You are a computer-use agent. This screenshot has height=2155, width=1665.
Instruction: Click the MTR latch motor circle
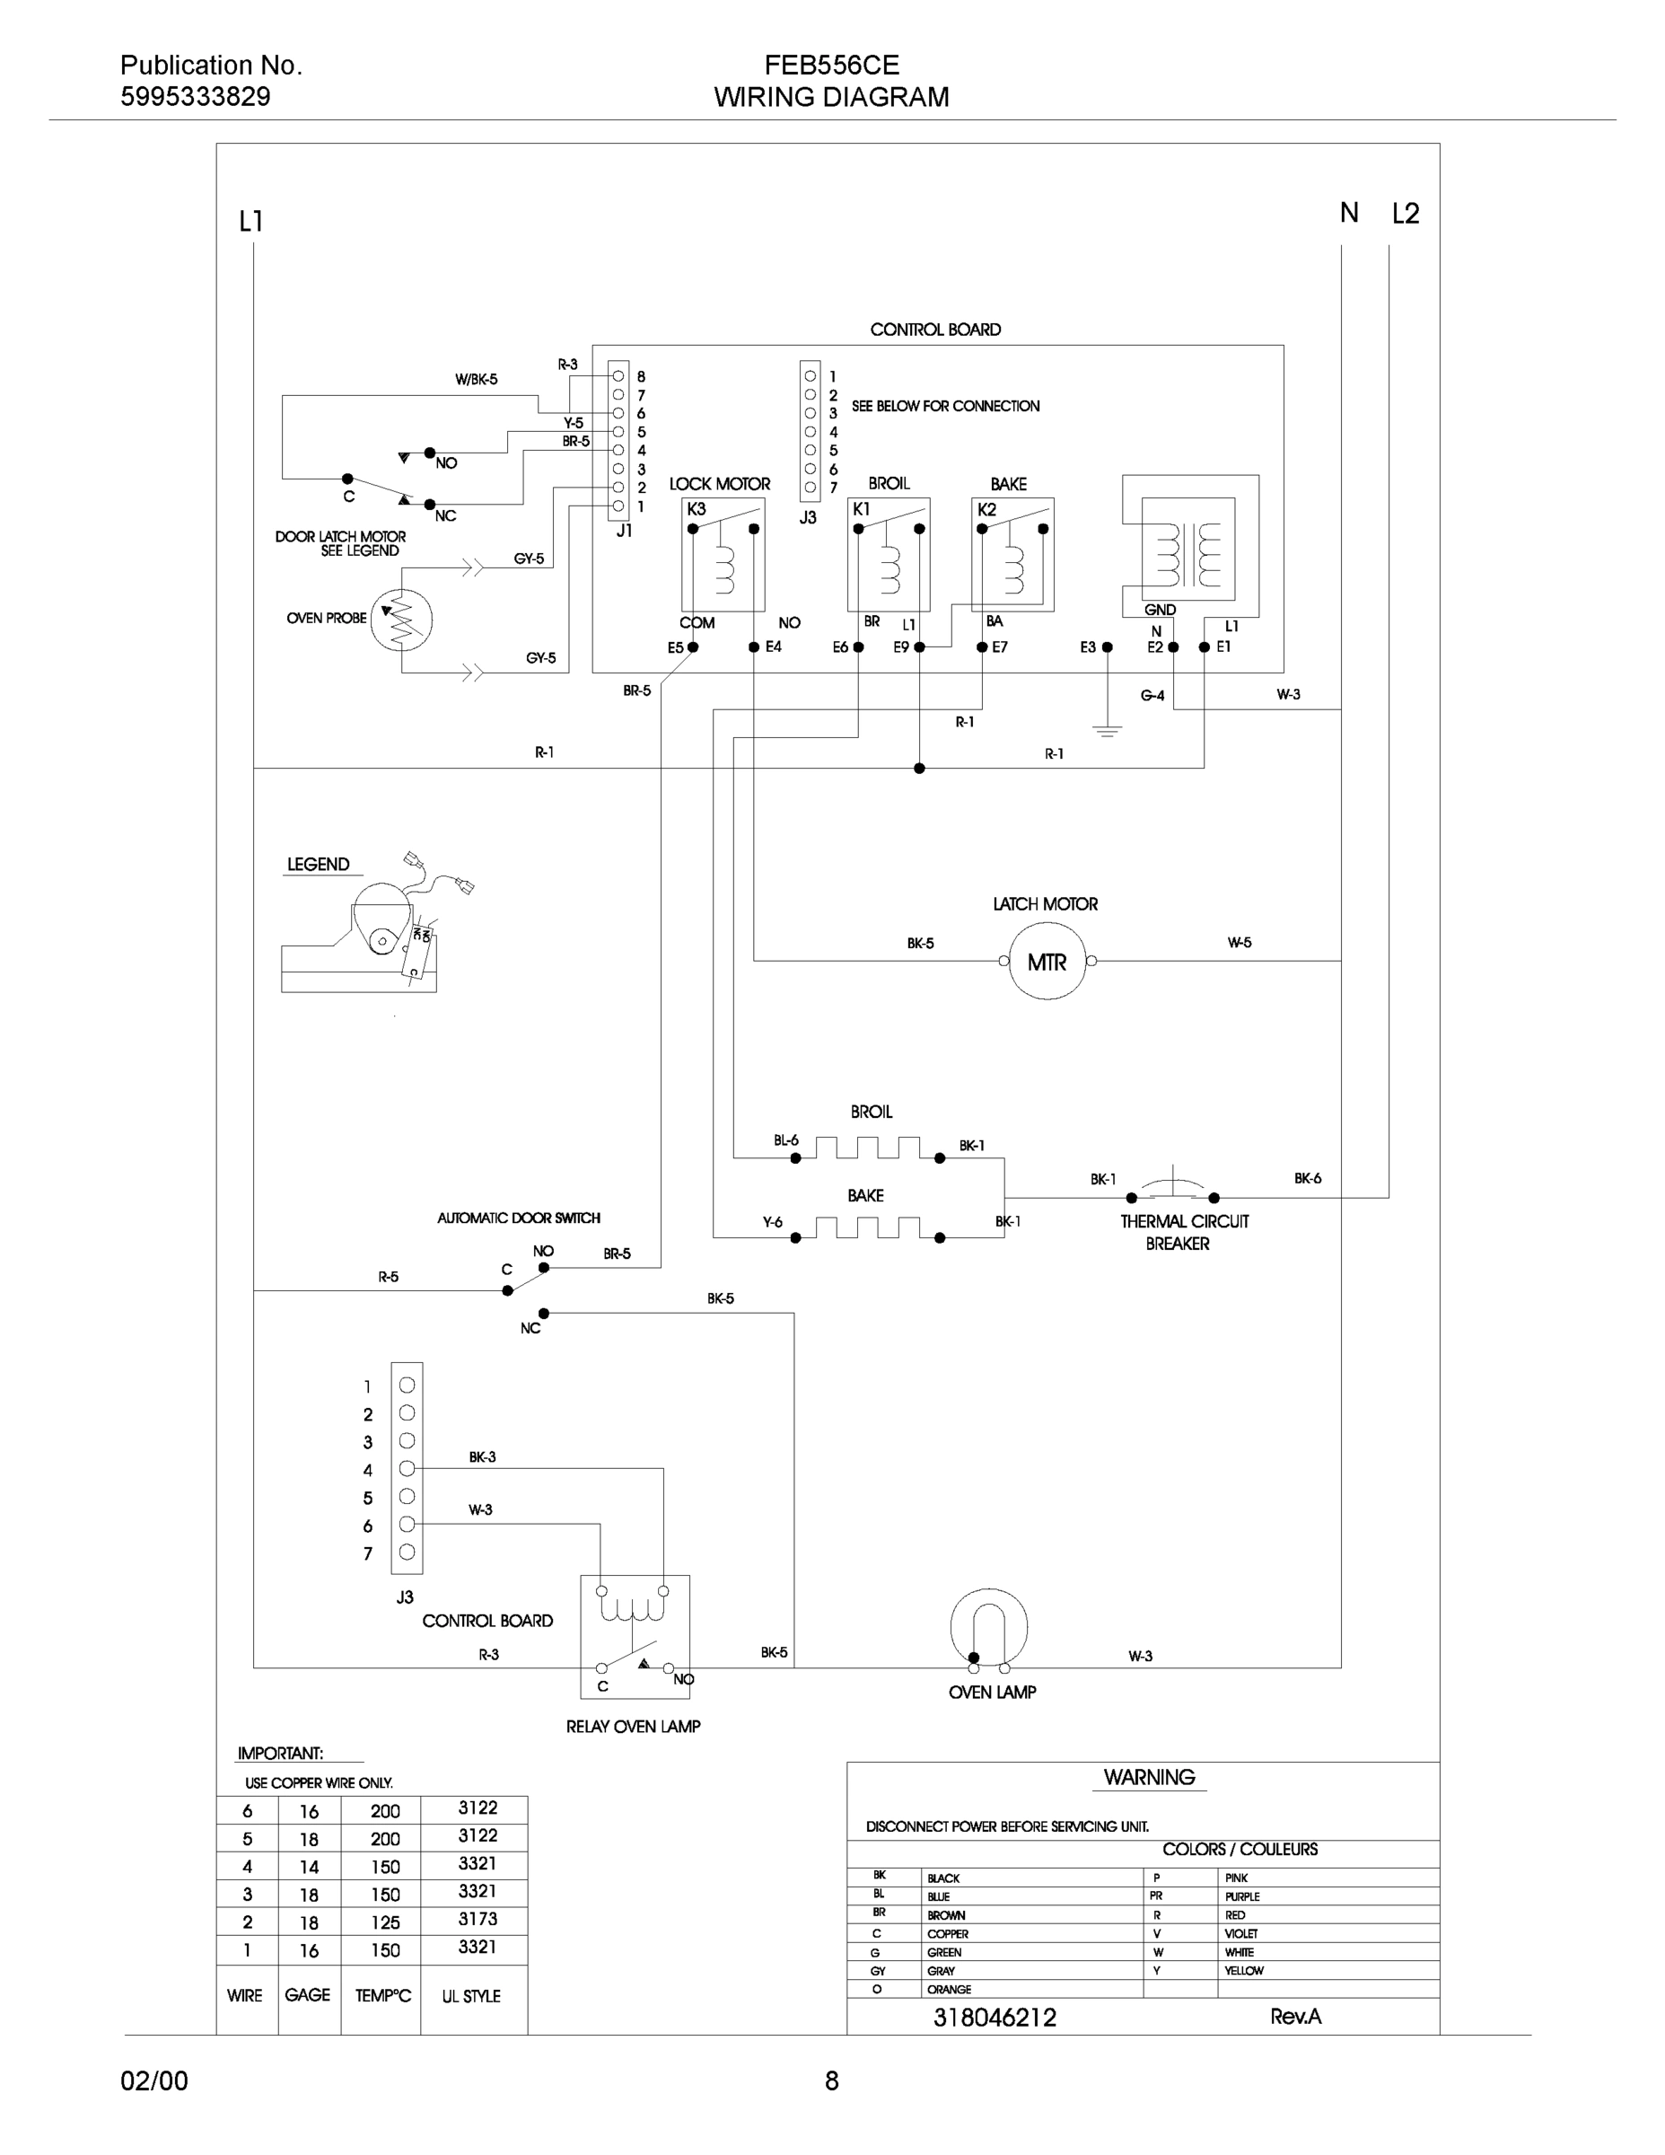coord(1047,961)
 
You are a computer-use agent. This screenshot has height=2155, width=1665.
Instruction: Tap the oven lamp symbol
coord(988,1630)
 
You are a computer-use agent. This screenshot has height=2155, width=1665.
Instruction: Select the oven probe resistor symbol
coord(400,620)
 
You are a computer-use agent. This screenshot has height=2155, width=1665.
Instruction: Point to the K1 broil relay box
coord(888,555)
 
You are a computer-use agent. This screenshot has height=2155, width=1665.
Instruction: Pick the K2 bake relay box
coord(1012,555)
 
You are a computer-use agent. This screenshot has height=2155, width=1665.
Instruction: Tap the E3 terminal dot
coord(1107,647)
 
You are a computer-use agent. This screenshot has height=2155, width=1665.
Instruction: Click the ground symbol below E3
coord(1107,731)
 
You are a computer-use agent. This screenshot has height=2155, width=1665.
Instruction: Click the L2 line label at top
coord(1405,213)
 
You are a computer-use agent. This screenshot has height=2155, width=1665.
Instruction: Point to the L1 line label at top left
coord(251,221)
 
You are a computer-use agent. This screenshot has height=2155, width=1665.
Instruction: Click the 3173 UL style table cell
coord(478,1919)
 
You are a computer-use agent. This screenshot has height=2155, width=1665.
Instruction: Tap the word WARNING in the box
coord(1149,1777)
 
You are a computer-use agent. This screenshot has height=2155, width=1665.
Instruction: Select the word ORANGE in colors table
coord(949,1989)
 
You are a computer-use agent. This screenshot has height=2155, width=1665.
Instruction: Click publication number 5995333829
coord(196,97)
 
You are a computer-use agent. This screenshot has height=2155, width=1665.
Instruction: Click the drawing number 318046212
coord(995,2018)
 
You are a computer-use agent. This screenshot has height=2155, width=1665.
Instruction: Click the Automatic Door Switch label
coord(519,1218)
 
